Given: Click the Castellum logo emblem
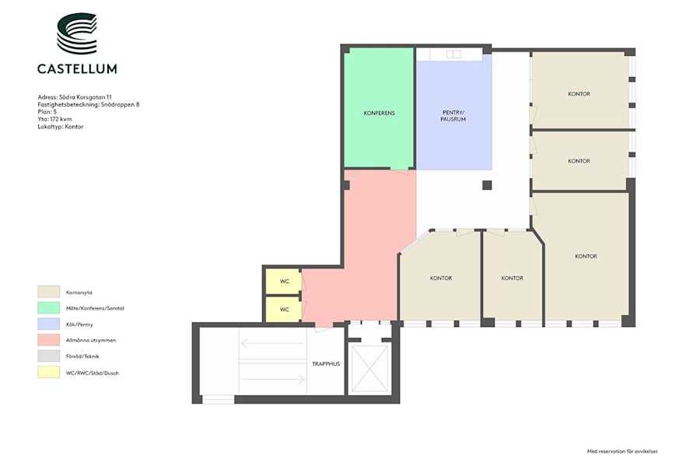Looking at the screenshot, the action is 77,33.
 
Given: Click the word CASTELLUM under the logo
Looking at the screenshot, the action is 77,68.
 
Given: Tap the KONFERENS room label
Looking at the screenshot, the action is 379,113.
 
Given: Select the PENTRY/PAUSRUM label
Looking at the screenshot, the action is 453,116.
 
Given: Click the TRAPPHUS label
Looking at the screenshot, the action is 326,363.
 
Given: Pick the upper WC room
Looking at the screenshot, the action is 283,281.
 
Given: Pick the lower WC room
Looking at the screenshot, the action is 283,309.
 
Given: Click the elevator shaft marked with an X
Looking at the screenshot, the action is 369,368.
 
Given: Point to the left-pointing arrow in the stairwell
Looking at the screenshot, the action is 272,343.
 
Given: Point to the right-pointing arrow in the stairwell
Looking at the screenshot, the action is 273,379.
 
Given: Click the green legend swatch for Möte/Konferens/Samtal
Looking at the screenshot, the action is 49,308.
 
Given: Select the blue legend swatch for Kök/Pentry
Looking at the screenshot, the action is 49,324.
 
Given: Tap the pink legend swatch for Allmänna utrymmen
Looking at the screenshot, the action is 49,340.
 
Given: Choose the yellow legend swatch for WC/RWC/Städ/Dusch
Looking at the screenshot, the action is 49,372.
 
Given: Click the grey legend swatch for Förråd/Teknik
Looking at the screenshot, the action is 49,356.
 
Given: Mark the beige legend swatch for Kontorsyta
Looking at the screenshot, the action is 49,292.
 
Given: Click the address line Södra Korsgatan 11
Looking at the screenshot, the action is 75,97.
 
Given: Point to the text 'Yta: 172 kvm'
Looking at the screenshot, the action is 54,119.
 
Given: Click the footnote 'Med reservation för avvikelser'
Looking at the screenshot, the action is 622,451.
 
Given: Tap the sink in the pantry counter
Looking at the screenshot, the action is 453,54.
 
